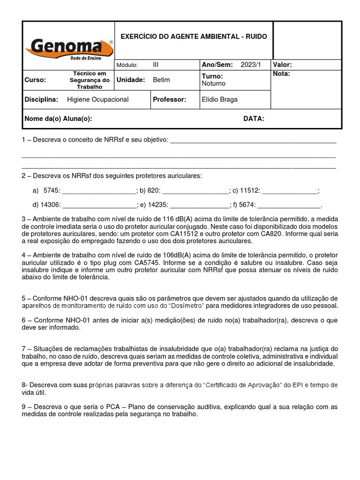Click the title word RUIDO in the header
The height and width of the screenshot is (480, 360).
point(256,36)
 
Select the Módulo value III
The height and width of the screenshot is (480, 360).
point(156,65)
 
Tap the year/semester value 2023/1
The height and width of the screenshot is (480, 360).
point(252,65)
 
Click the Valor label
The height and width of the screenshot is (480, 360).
point(282,65)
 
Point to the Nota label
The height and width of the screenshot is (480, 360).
point(281,74)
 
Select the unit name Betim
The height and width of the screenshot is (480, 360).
point(161,80)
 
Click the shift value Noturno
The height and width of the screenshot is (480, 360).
point(213,83)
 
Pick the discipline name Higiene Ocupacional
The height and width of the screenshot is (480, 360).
point(97,99)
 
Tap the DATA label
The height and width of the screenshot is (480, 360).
point(254,119)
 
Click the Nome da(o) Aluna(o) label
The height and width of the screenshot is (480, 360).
point(58,119)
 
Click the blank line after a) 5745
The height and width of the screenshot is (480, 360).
point(99,191)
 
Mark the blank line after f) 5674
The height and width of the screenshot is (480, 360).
point(289,205)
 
